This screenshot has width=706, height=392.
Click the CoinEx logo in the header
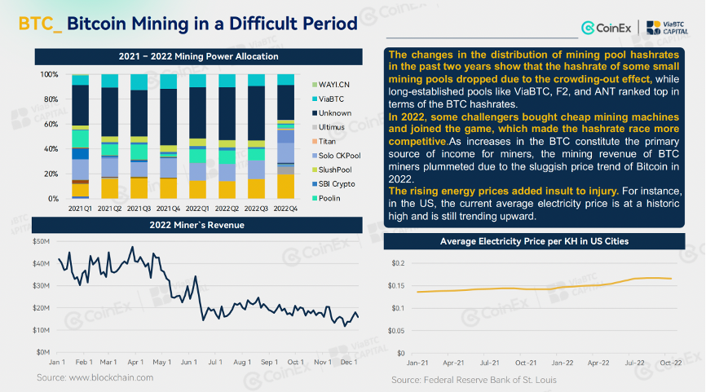tap(606, 28)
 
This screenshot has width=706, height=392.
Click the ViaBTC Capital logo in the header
tap(668, 28)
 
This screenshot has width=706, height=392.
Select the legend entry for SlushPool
tap(332, 170)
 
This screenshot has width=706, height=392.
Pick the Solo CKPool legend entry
tap(337, 156)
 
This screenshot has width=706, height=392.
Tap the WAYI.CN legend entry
tap(331, 85)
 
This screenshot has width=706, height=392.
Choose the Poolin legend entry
tap(326, 198)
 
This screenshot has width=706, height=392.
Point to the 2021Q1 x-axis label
tap(80, 209)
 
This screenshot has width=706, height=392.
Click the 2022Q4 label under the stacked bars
tap(285, 209)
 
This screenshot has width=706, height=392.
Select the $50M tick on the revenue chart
tap(41, 241)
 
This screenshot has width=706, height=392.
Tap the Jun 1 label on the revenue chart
tap(188, 362)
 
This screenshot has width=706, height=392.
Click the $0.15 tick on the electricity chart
tap(396, 286)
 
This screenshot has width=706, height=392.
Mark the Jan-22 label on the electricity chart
tap(563, 363)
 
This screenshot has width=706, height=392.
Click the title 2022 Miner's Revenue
tap(196, 225)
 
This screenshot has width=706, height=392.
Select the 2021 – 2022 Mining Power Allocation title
tap(199, 57)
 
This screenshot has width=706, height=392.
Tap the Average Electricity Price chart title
tap(535, 241)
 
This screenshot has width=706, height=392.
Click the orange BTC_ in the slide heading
tap(41, 24)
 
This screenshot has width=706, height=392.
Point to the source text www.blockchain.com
tap(111, 377)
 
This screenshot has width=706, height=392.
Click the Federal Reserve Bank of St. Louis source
tap(490, 380)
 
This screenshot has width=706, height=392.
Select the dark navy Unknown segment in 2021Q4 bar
tap(169, 117)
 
